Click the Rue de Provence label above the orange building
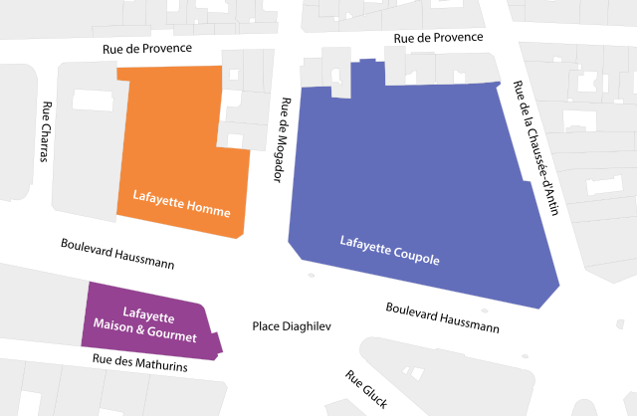click(147, 48)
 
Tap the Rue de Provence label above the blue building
click(438, 38)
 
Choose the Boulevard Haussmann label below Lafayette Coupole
click(443, 316)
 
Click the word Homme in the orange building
click(211, 212)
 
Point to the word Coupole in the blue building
click(416, 253)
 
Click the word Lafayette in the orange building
click(161, 197)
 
